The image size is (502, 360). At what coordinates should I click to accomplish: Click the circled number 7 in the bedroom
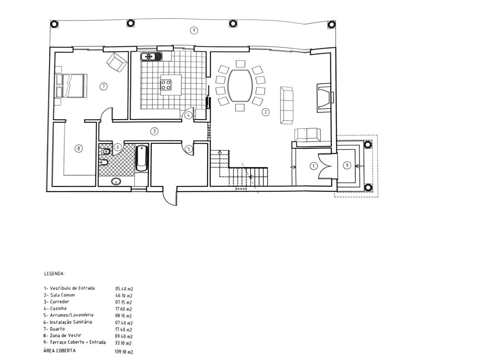103,86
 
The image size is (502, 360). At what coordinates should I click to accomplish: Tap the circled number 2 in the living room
266,112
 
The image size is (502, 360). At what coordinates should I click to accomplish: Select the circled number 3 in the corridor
154,131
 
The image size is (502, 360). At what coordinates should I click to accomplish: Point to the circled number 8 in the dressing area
78,148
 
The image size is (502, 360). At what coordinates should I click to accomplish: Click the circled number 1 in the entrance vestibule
314,166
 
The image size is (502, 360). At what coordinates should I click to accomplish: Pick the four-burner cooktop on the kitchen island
166,85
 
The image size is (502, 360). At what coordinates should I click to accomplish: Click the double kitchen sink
151,57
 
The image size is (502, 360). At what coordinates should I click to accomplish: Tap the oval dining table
240,85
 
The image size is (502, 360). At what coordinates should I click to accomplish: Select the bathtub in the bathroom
142,158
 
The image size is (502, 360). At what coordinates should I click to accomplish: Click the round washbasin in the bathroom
116,181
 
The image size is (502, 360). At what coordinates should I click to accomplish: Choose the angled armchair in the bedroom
117,62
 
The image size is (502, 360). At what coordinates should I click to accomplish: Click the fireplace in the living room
324,98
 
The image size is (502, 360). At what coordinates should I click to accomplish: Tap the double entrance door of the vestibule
325,166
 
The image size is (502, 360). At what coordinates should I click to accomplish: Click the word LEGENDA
54,273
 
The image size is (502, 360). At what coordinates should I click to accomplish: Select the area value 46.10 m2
124,295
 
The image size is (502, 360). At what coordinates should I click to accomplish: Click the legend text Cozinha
58,308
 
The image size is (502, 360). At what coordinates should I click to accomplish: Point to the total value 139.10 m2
124,352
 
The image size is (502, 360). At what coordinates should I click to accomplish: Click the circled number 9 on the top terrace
194,30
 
